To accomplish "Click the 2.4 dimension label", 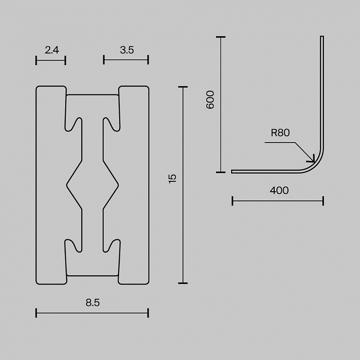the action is [52, 50].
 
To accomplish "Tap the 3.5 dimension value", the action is [127, 50].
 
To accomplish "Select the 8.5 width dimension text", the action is [93, 303].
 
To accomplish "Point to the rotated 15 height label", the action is [173, 179].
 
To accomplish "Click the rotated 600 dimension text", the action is [210, 100].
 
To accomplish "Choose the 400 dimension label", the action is [279, 191].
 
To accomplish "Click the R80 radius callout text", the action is [280, 133].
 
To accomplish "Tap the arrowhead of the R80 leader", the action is [313, 160].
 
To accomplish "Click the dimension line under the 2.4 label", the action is [51, 60].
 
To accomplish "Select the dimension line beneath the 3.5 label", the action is [126, 60].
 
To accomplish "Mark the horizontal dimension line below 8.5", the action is [92, 313].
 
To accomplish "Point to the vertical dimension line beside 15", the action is [183, 185].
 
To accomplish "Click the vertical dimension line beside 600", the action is [221, 105].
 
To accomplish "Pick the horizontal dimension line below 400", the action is [278, 201].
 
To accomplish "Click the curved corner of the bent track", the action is [316, 163].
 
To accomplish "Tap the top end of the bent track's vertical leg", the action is [322, 36].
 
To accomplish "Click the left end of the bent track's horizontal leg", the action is [232, 172].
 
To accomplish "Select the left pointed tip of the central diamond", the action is [67, 185].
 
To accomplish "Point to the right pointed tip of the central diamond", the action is [118, 185].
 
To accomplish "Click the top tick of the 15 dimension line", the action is [183, 87].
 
